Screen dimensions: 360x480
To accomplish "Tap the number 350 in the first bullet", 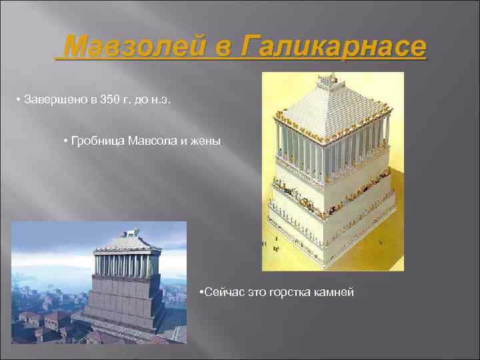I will point(109,100).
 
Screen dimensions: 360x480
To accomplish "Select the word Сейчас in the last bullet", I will point(223,293).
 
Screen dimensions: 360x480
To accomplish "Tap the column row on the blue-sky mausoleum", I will point(127,265).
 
